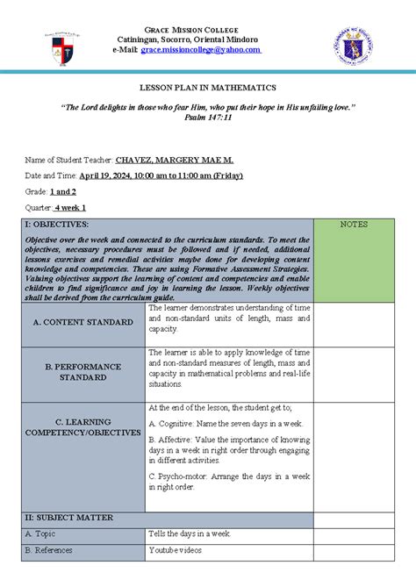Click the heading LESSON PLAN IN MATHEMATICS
pos(208,88)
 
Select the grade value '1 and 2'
pos(63,191)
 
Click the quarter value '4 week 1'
pos(70,207)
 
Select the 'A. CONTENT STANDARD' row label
pos(83,322)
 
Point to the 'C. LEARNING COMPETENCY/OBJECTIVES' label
pos(83,426)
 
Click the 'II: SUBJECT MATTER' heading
pos(67,519)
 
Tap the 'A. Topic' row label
pos(40,533)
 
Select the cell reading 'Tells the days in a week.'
pos(191,533)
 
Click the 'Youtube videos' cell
pos(176,549)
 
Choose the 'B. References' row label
pos(48,549)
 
